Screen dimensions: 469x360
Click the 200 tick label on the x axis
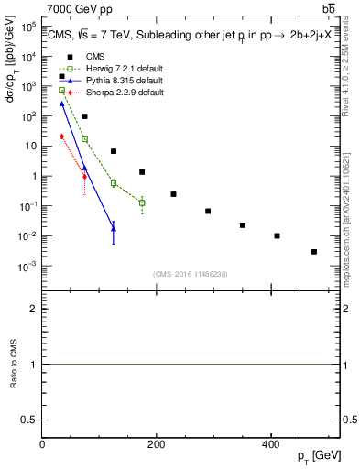click(156, 444)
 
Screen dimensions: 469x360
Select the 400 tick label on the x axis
click(270, 444)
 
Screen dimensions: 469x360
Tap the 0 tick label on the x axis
click(42, 444)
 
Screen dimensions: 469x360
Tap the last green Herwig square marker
click(142, 202)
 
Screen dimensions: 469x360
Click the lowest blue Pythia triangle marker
click(114, 229)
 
